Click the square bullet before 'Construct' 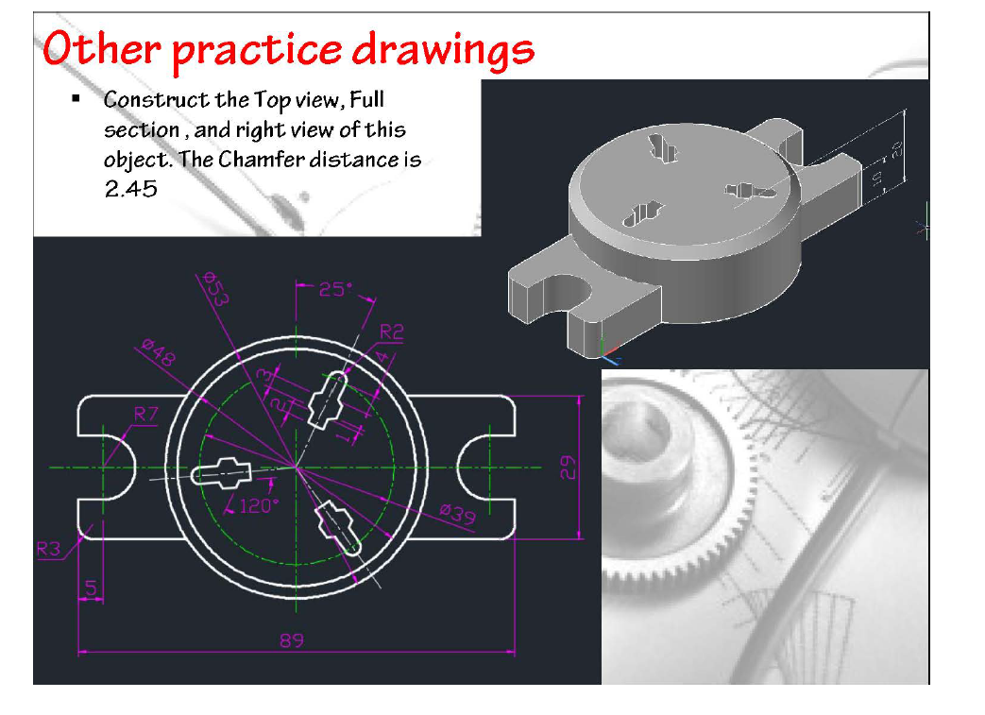[76, 99]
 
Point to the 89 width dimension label [292, 640]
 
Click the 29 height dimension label [568, 467]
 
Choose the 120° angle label [258, 506]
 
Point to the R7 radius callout [145, 413]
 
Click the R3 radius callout [49, 549]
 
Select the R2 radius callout [391, 332]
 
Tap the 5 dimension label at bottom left [91, 588]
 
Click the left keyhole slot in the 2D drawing [222, 471]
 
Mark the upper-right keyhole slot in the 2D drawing [330, 397]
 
